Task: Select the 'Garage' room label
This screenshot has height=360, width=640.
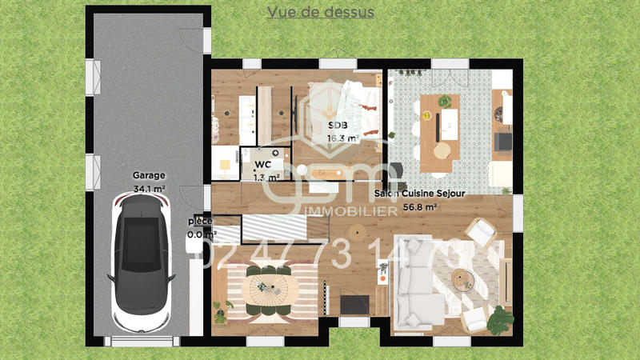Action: (x=149, y=175)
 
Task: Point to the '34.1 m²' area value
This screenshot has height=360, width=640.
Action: (x=149, y=189)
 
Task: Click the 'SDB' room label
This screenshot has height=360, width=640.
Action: (x=337, y=126)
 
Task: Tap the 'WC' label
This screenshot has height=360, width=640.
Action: (x=263, y=165)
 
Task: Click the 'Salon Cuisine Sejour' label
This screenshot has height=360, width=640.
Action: (x=420, y=194)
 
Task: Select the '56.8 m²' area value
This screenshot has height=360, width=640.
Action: (x=418, y=206)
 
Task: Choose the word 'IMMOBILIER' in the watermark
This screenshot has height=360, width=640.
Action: (x=353, y=210)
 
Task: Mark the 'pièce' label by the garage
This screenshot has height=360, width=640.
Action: (x=200, y=221)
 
